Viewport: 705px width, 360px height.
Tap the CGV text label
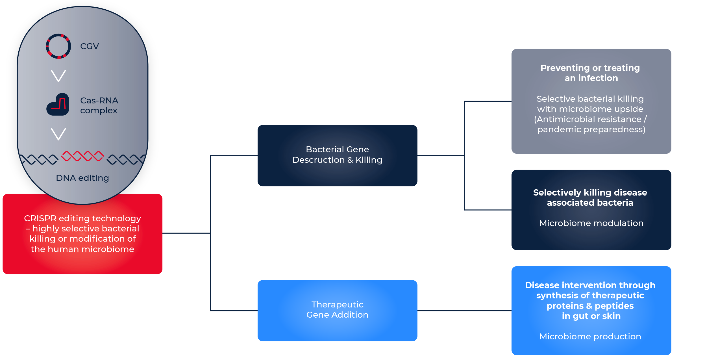[90, 46]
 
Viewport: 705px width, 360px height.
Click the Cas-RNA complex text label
[99, 105]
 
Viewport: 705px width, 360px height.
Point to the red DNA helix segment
[82, 156]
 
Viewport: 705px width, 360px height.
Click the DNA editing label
[82, 178]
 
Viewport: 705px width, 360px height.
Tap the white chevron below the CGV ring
[58, 76]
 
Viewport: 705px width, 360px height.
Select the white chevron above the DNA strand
[58, 134]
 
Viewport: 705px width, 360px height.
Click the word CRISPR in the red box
[40, 218]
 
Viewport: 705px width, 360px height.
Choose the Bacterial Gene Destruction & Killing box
[337, 155]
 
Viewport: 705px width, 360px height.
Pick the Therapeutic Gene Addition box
[337, 311]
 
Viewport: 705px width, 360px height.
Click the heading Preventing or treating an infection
[590, 73]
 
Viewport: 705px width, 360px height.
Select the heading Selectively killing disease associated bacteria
[590, 197]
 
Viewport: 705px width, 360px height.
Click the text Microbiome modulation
[591, 223]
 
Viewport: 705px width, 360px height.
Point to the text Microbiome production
[590, 336]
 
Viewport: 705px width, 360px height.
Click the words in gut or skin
[591, 316]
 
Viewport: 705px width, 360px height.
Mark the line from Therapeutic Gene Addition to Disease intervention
[464, 311]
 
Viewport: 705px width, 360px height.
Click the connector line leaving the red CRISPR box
[186, 233]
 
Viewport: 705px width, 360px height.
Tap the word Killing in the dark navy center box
[369, 160]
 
